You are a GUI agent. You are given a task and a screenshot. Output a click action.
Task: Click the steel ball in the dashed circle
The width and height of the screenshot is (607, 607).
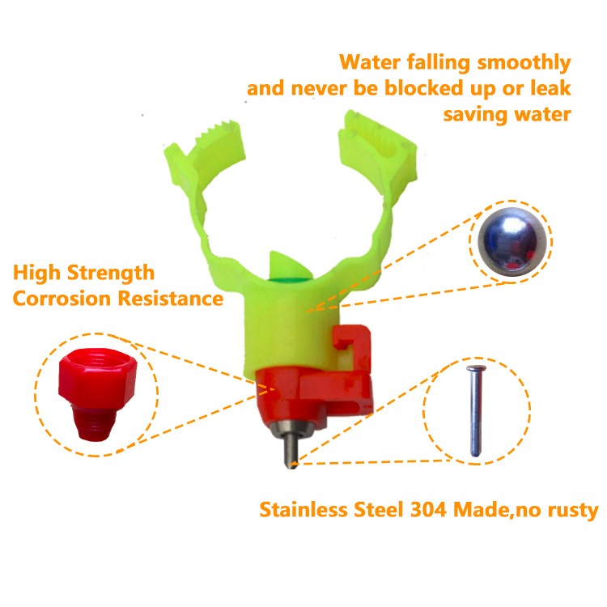coord(511,242)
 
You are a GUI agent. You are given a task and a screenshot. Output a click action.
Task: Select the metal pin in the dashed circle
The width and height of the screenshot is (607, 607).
coord(476,410)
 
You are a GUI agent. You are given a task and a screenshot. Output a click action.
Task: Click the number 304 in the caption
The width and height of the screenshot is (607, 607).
coord(428,509)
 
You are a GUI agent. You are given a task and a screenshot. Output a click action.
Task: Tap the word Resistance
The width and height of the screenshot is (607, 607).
coord(171,299)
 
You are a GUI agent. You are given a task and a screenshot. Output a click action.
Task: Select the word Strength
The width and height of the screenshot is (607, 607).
coord(111,274)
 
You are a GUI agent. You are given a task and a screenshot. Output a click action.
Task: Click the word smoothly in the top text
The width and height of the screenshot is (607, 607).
coord(524,63)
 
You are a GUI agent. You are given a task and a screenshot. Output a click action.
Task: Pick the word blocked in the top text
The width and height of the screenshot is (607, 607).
coord(424,88)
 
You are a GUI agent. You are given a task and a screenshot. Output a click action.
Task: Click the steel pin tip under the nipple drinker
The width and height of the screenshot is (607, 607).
coord(291,465)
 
